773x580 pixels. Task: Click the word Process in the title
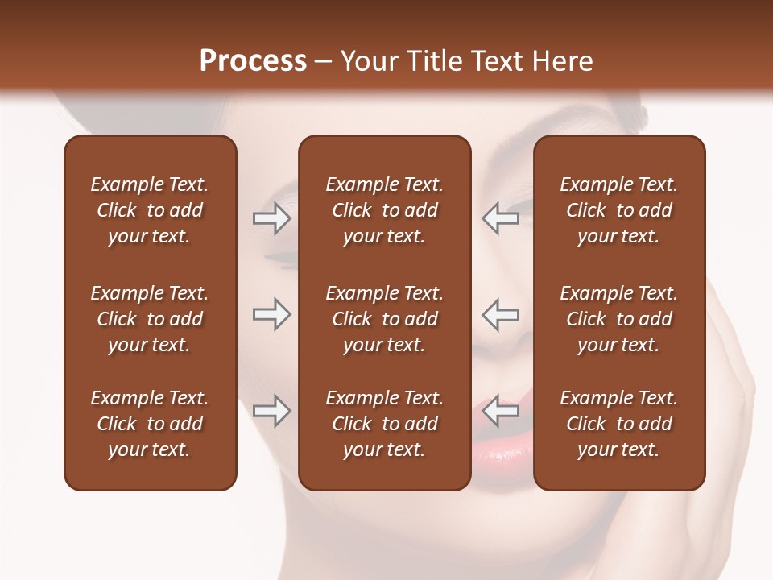(x=253, y=61)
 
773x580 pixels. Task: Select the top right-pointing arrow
(x=271, y=218)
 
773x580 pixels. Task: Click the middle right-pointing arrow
(x=271, y=315)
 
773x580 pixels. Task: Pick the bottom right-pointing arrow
(x=271, y=411)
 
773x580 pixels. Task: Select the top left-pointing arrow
(x=500, y=218)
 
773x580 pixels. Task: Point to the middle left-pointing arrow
(x=500, y=315)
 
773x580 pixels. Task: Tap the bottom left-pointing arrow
(x=500, y=411)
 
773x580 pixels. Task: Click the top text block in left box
(x=150, y=210)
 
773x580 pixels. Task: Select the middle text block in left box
(x=150, y=319)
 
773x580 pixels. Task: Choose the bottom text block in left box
(x=150, y=424)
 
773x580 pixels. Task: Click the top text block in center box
(x=384, y=210)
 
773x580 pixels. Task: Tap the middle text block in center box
(x=384, y=319)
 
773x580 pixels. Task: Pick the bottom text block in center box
(x=384, y=424)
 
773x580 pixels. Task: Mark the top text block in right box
(x=619, y=210)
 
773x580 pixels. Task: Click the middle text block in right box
(x=619, y=319)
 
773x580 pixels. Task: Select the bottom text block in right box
(x=619, y=424)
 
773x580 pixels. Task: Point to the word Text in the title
(x=493, y=61)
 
